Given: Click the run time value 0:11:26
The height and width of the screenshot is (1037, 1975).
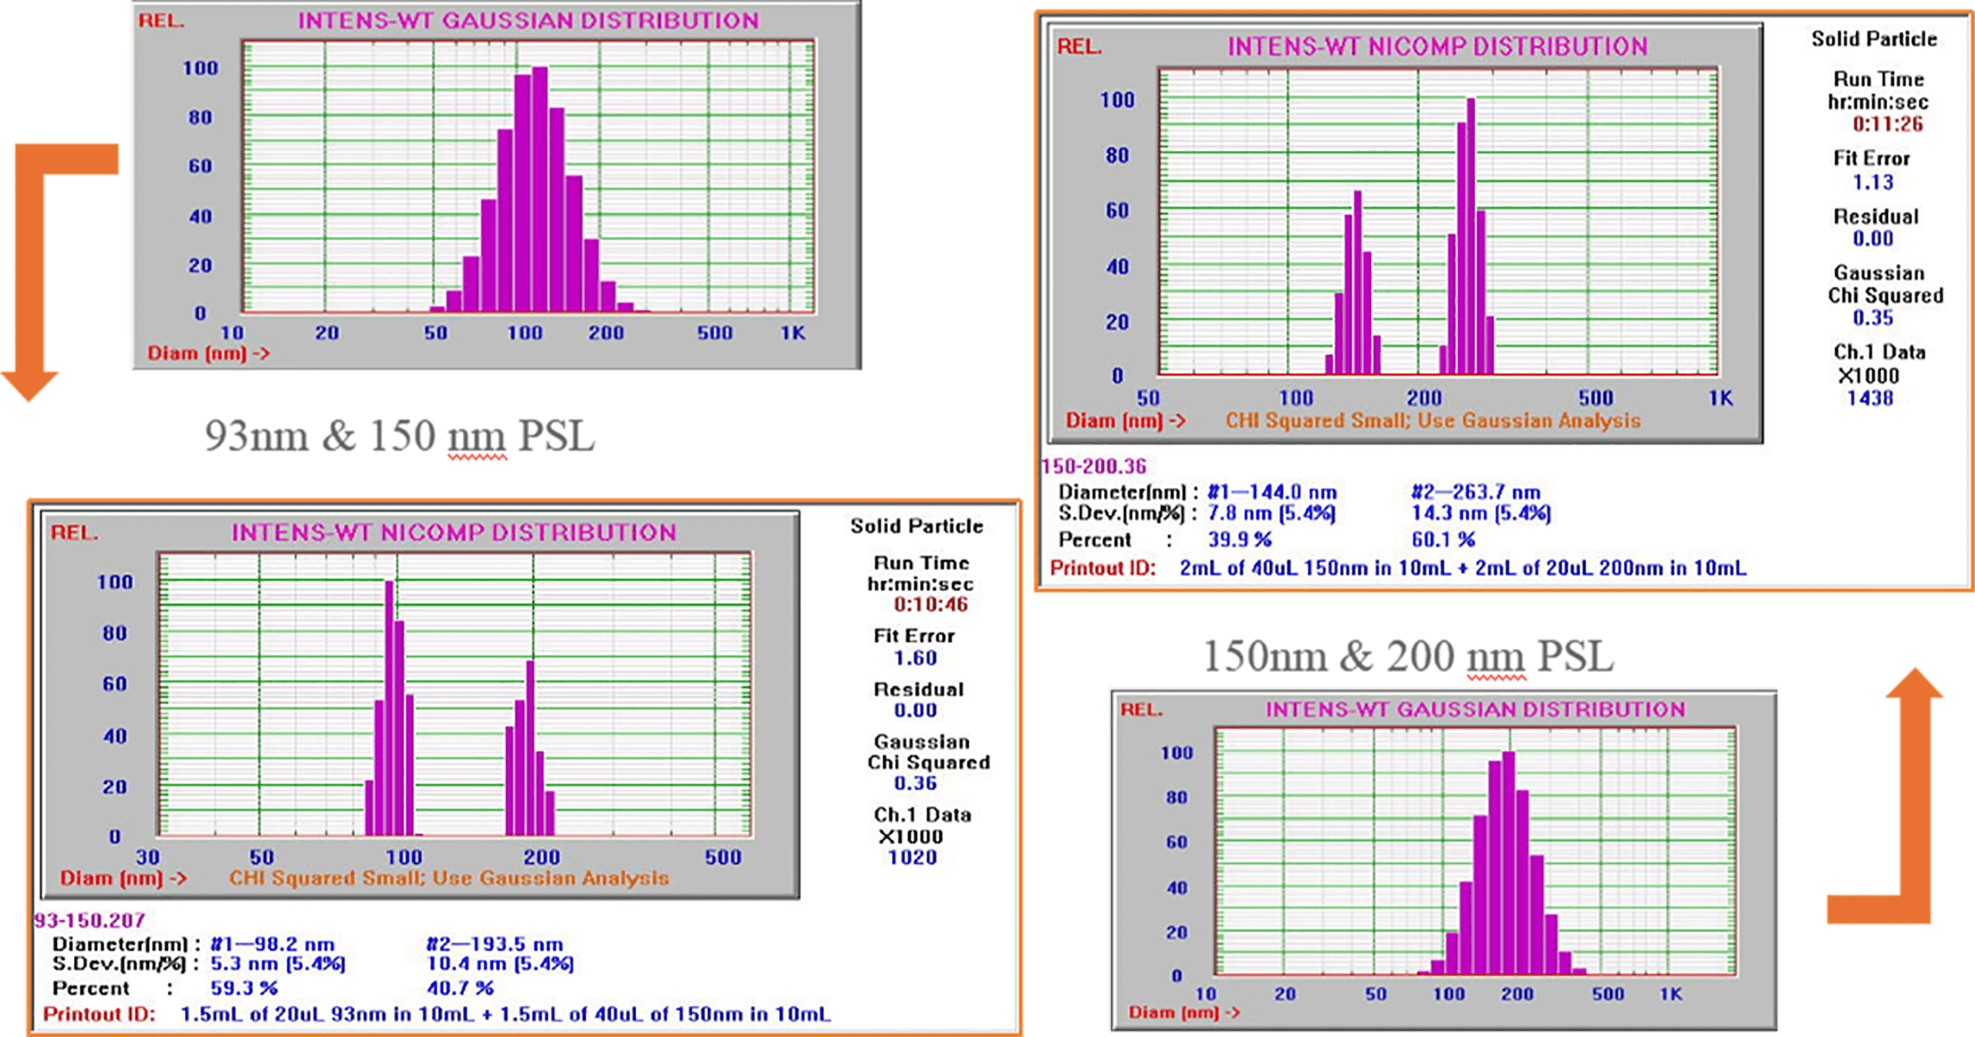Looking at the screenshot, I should point(1888,124).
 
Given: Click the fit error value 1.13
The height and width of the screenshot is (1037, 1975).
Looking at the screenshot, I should point(1872,183).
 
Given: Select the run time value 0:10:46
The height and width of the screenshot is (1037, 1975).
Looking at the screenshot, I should point(930,605).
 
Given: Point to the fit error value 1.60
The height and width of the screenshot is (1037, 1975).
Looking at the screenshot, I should point(915,658).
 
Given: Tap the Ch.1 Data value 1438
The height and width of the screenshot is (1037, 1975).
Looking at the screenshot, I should point(1870,398).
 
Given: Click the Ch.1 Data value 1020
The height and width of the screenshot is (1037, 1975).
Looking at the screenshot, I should point(913,857).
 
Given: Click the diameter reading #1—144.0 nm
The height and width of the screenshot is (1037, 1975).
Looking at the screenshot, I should point(1271,492).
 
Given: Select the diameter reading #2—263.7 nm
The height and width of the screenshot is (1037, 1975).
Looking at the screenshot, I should point(1476,492).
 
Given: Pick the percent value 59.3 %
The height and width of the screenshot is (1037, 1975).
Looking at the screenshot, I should point(244,988).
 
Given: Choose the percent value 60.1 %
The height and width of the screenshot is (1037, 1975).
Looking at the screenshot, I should point(1443,540).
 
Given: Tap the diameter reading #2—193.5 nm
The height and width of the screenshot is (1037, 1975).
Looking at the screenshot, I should point(495,944).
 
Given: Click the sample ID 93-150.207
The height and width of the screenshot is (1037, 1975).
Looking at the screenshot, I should point(89,920).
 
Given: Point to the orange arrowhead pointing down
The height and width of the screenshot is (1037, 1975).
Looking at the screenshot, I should point(29,386).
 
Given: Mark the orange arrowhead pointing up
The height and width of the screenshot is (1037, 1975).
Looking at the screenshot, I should point(1914,683).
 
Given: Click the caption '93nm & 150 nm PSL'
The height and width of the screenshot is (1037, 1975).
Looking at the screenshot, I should point(400,436).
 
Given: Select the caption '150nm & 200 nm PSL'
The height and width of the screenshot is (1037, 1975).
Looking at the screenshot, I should point(1408,657).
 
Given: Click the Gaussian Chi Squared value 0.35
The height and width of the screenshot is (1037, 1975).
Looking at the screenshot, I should point(1872,318).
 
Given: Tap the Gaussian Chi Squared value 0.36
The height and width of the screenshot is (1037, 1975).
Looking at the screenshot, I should point(915,783).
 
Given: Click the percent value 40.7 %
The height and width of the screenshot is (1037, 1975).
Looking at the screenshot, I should point(460,988).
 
